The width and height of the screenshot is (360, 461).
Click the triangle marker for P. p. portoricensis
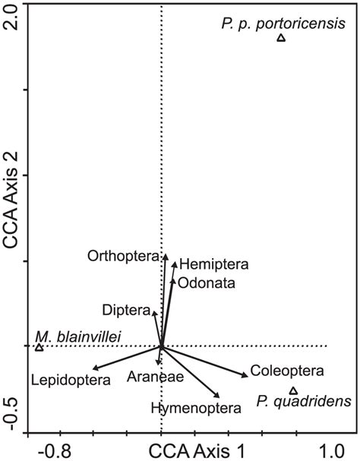point(281,37)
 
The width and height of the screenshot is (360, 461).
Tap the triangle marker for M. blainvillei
point(39,347)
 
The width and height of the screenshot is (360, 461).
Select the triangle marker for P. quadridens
point(294,390)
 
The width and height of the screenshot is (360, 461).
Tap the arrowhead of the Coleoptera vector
point(246,375)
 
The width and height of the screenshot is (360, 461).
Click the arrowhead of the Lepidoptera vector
point(94,368)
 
